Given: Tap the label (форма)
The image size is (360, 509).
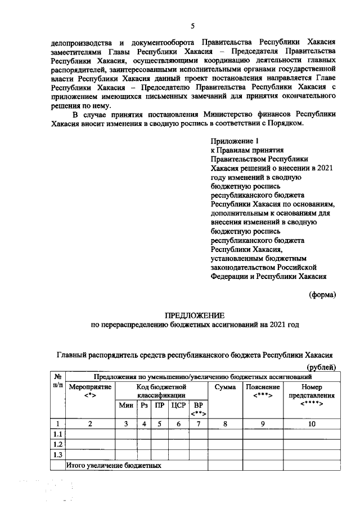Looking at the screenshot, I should (x=322, y=295).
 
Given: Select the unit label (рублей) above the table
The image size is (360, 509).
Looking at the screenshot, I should (x=322, y=367).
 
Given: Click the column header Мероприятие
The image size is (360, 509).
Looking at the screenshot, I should (x=90, y=387).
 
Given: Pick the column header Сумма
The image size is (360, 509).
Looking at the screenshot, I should (x=225, y=387).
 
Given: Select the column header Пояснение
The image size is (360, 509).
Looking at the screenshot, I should (x=262, y=387).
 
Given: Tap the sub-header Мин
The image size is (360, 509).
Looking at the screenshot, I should (x=125, y=406).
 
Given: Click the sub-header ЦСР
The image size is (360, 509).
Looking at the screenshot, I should (x=177, y=406).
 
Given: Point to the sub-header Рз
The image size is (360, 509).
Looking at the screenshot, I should (x=144, y=406).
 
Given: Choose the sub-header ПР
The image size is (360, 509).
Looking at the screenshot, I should (x=160, y=406).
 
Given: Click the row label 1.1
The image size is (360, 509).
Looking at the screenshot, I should (x=57, y=434).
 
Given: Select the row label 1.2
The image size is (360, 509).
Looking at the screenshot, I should (x=57, y=444).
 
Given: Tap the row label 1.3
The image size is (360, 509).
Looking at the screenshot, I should (x=57, y=455).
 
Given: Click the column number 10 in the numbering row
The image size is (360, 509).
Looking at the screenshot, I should (x=310, y=424).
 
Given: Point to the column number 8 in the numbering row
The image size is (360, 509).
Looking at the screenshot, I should (x=225, y=424).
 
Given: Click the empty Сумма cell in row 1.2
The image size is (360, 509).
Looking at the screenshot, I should (x=225, y=444).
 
